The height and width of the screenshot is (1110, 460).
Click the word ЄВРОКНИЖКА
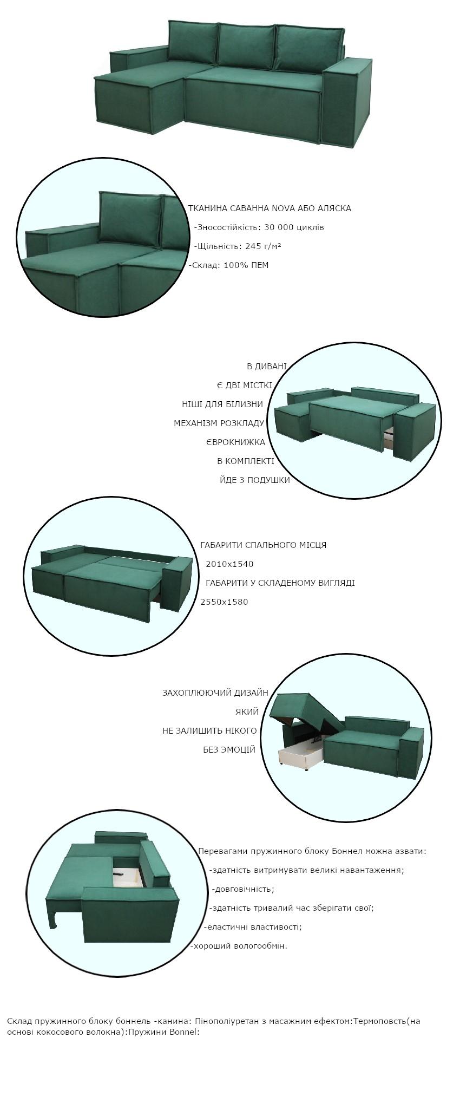(x=235, y=442)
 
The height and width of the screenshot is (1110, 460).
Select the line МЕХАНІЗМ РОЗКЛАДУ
(x=219, y=423)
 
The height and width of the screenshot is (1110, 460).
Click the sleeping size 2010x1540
(x=229, y=564)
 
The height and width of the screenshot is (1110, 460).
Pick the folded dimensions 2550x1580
(x=224, y=602)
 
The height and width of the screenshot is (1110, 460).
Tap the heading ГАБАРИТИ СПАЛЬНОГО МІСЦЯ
(x=264, y=545)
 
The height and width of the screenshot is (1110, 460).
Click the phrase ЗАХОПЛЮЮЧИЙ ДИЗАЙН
(x=215, y=693)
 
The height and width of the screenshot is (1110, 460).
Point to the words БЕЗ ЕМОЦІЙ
(x=229, y=750)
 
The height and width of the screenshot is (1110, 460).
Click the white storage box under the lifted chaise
(x=301, y=753)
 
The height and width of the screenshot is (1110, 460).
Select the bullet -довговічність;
(x=243, y=889)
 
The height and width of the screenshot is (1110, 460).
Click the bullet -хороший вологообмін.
(x=239, y=946)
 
